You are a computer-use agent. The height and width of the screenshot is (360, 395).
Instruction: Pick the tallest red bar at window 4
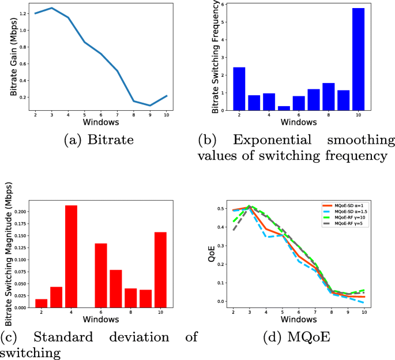tap(71, 256)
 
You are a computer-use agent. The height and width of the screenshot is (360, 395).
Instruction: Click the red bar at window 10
tap(161, 270)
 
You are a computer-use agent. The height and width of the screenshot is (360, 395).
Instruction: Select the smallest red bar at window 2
tap(41, 303)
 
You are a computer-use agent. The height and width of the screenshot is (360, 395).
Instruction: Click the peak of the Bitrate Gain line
tap(52, 8)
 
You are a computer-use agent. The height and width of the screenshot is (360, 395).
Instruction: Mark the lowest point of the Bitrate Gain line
tap(151, 106)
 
